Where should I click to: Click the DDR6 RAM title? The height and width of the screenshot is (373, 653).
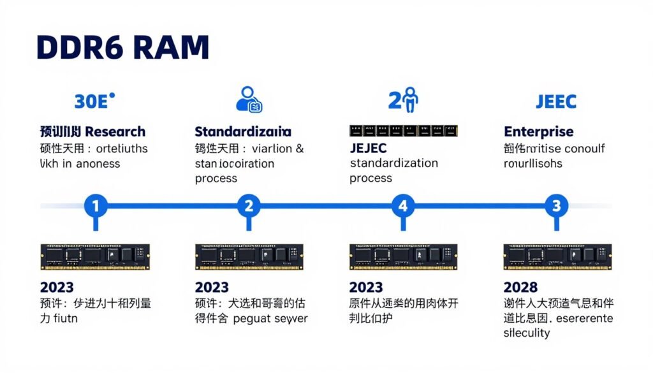pyautogui.click(x=122, y=48)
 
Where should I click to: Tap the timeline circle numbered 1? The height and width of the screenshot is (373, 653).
pyautogui.click(x=96, y=206)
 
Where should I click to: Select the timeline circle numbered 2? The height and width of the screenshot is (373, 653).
pyautogui.click(x=249, y=206)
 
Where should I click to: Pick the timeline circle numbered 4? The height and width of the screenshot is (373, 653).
pyautogui.click(x=402, y=206)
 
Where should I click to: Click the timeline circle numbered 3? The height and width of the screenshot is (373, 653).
pyautogui.click(x=556, y=206)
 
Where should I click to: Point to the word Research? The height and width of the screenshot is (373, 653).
pyautogui.click(x=115, y=132)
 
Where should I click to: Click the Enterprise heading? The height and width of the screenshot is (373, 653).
pyautogui.click(x=538, y=132)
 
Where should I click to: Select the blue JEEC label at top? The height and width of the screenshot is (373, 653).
pyautogui.click(x=555, y=101)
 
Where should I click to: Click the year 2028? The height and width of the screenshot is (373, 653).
pyautogui.click(x=520, y=287)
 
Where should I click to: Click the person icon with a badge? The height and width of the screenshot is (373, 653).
pyautogui.click(x=249, y=99)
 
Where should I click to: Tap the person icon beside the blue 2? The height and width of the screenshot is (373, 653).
pyautogui.click(x=411, y=99)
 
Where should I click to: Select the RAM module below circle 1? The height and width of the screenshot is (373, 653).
pyautogui.click(x=96, y=255)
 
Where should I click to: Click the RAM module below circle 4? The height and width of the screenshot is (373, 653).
pyautogui.click(x=403, y=255)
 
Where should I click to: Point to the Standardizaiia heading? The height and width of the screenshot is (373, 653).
pyautogui.click(x=242, y=132)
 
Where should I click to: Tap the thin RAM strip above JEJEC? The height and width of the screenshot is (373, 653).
pyautogui.click(x=403, y=131)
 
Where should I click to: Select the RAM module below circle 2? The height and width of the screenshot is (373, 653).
pyautogui.click(x=249, y=255)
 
